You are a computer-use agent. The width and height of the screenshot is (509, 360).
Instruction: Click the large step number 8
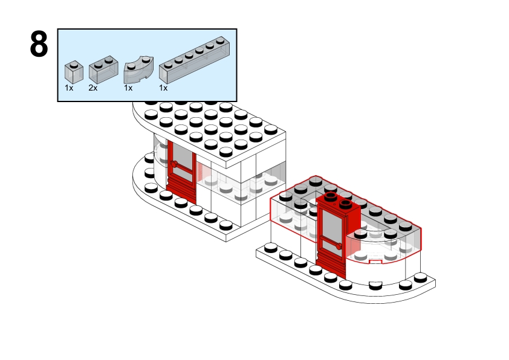coord(39,45)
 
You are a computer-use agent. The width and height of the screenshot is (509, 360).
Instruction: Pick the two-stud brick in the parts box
coord(103,70)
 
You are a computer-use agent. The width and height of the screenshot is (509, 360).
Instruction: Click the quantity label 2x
coord(92,88)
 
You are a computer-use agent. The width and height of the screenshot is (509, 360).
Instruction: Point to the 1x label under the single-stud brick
coord(69,88)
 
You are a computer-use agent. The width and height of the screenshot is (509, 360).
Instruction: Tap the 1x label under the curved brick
coord(128,88)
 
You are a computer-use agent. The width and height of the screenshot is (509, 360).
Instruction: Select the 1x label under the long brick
coord(163,88)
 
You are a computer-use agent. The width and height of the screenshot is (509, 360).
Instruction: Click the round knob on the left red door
coord(173,164)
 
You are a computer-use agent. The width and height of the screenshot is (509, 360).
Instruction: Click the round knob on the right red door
coord(341,246)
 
